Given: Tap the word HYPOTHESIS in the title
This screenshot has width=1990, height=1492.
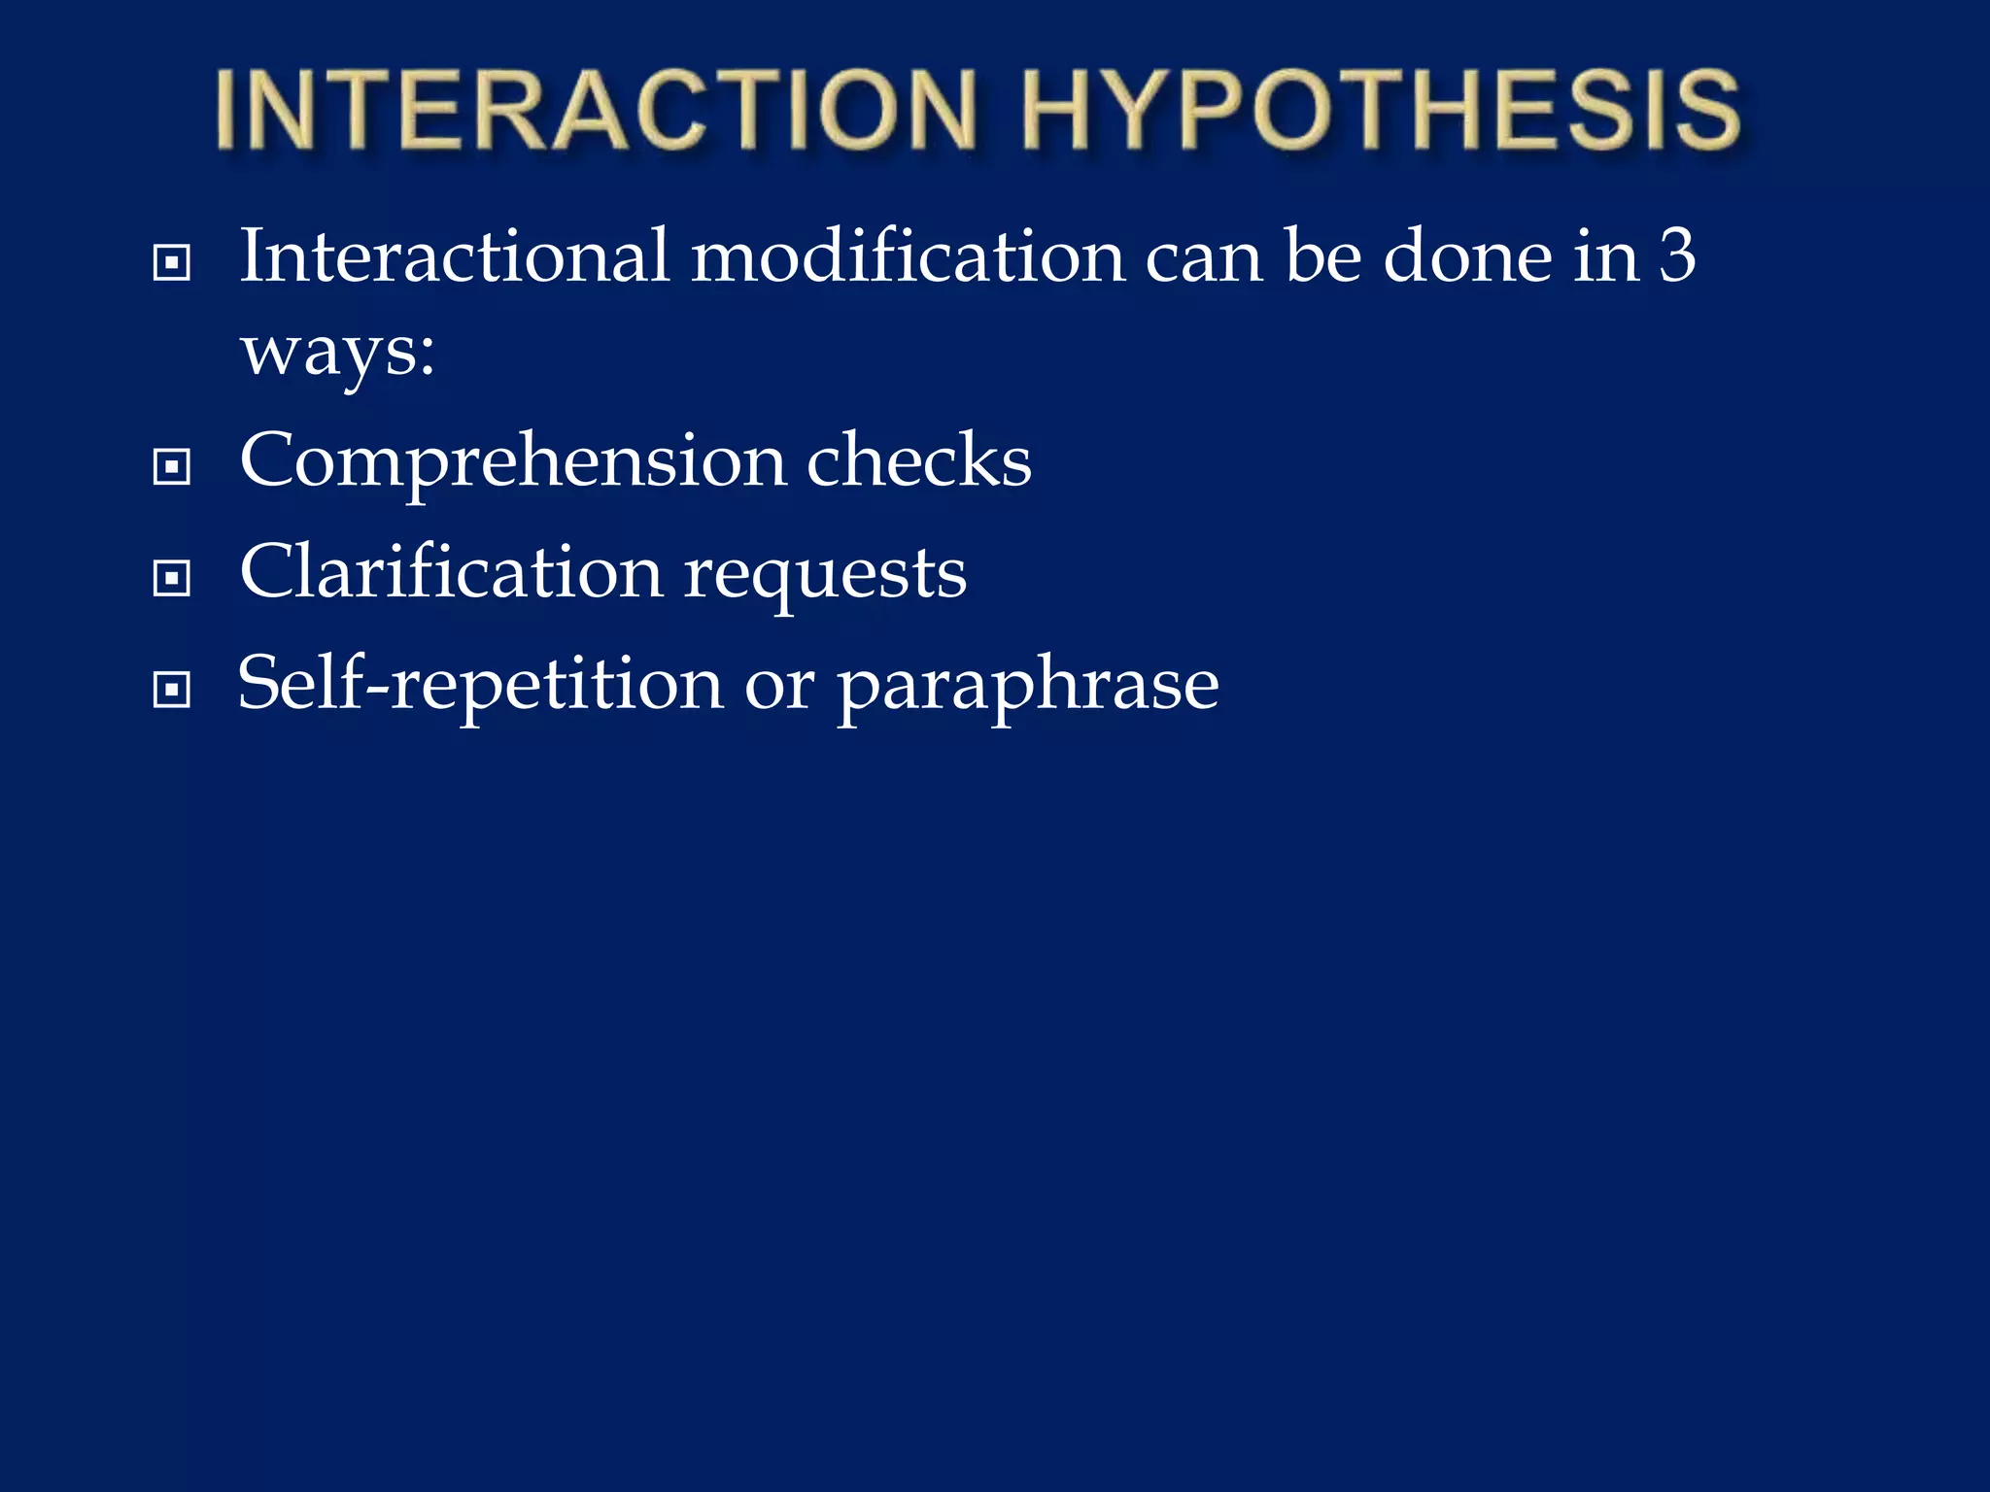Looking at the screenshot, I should [x=1380, y=110].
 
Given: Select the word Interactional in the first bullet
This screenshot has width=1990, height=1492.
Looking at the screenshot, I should [x=455, y=255].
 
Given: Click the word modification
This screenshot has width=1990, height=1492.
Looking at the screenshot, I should [x=908, y=255].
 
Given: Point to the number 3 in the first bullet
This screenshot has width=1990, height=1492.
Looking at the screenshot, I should [x=1676, y=255].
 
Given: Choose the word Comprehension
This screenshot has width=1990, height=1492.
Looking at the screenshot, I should [x=513, y=462].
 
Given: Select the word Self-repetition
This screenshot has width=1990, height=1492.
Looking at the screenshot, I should [x=480, y=683].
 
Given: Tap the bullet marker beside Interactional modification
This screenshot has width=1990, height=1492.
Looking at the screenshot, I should [x=172, y=262].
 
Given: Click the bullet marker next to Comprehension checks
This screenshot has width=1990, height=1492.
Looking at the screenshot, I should [x=172, y=467].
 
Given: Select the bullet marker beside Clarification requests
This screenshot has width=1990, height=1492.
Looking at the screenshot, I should [x=172, y=579].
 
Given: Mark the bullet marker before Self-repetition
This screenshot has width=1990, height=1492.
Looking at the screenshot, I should [x=172, y=691].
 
